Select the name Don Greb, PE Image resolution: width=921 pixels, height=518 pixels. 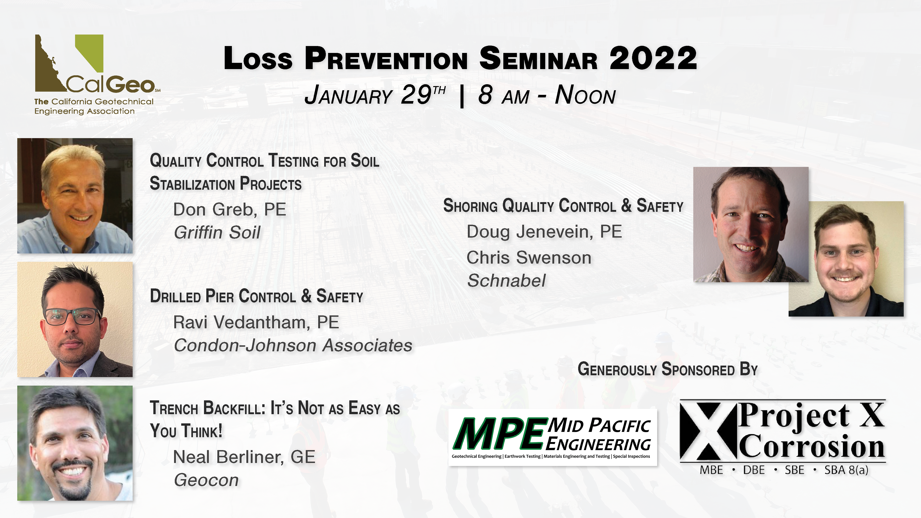coord(230,210)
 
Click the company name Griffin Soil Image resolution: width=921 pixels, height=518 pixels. coord(217,232)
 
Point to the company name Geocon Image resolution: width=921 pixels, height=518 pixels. coord(206,480)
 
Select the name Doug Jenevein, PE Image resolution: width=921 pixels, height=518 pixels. coord(544,232)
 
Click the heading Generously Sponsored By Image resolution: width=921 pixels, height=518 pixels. coord(667,369)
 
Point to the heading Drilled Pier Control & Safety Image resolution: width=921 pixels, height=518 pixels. coord(256,296)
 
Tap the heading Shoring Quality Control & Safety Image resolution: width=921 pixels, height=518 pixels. coord(563,206)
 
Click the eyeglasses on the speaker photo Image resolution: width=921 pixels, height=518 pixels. coord(72,316)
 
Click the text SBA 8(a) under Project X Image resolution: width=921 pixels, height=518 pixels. coord(846,470)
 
